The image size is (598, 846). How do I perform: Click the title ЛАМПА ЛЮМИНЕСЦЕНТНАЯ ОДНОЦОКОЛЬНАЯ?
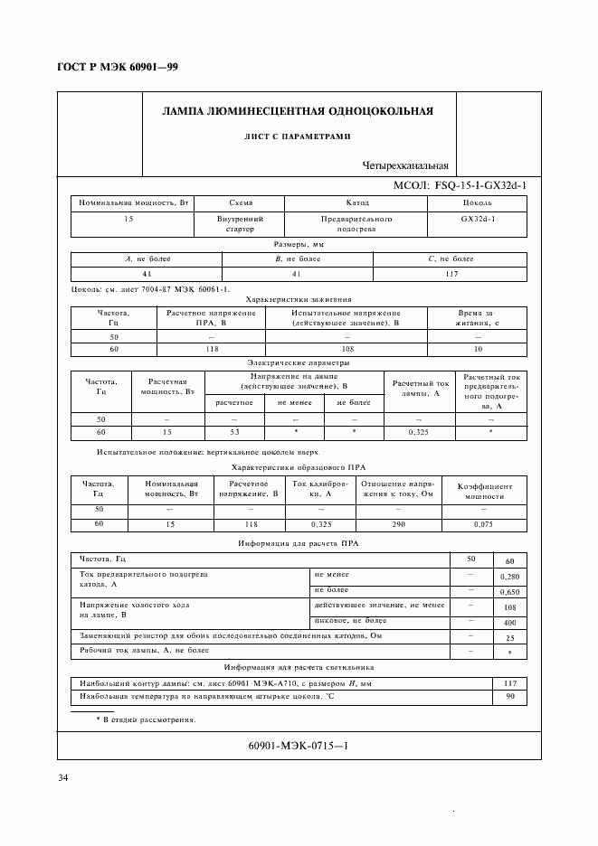click(297, 112)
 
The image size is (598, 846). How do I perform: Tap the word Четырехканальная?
click(404, 165)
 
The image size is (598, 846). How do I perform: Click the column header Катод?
click(357, 203)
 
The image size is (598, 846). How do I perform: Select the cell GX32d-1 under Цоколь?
click(477, 219)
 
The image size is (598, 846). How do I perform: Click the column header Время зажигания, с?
click(476, 317)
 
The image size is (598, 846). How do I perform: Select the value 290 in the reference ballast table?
click(400, 524)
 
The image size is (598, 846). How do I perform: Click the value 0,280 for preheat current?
click(509, 576)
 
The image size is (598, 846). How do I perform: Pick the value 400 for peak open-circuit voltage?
click(509, 623)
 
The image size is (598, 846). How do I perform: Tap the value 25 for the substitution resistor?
click(509, 637)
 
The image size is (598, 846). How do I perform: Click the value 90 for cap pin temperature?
click(509, 697)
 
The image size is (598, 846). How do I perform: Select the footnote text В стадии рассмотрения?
click(149, 720)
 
